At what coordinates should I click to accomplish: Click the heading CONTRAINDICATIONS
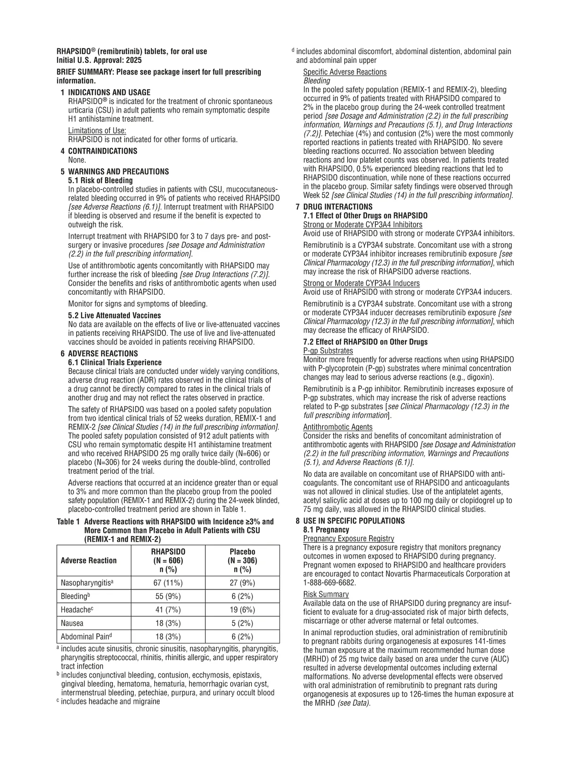(x=102, y=151)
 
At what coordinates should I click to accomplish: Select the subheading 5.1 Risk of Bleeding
(x=100, y=180)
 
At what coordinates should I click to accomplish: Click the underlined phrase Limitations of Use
(x=97, y=131)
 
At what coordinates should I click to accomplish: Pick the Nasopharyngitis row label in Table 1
(x=88, y=583)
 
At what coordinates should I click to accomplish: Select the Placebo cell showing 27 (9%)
(x=242, y=583)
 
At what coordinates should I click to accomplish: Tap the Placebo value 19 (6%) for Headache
(x=242, y=610)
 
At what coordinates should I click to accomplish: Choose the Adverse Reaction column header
(x=89, y=560)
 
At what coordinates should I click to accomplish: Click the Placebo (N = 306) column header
(x=242, y=560)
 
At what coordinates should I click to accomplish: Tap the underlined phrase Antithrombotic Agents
(x=338, y=427)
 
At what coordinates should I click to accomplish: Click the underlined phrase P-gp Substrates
(x=328, y=351)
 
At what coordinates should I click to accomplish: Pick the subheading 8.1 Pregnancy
(x=326, y=529)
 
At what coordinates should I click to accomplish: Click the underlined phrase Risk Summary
(x=326, y=594)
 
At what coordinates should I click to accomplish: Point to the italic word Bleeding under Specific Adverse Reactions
(x=317, y=81)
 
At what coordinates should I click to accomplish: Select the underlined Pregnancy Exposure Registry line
(x=349, y=538)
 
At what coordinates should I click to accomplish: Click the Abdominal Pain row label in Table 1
(x=89, y=636)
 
